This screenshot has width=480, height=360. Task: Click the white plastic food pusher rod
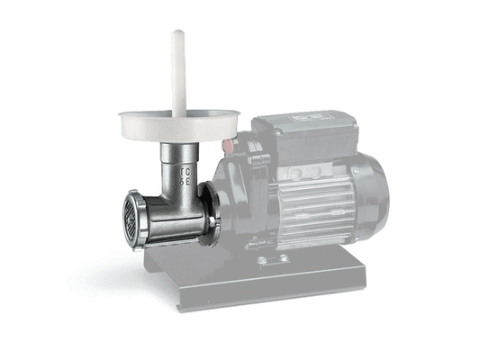pyautogui.click(x=178, y=72)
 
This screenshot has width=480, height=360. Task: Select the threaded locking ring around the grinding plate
pyautogui.click(x=140, y=220)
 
